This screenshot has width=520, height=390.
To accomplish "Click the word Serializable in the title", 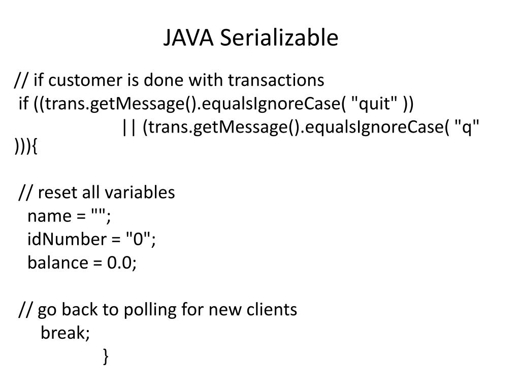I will (279, 39).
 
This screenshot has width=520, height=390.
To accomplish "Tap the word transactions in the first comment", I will (275, 80).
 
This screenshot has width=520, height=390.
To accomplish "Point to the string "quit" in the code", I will (375, 104).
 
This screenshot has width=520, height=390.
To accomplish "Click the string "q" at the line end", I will (467, 127).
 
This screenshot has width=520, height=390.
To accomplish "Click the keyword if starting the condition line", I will (23, 104).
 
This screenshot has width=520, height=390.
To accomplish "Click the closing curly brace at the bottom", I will (105, 356).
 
